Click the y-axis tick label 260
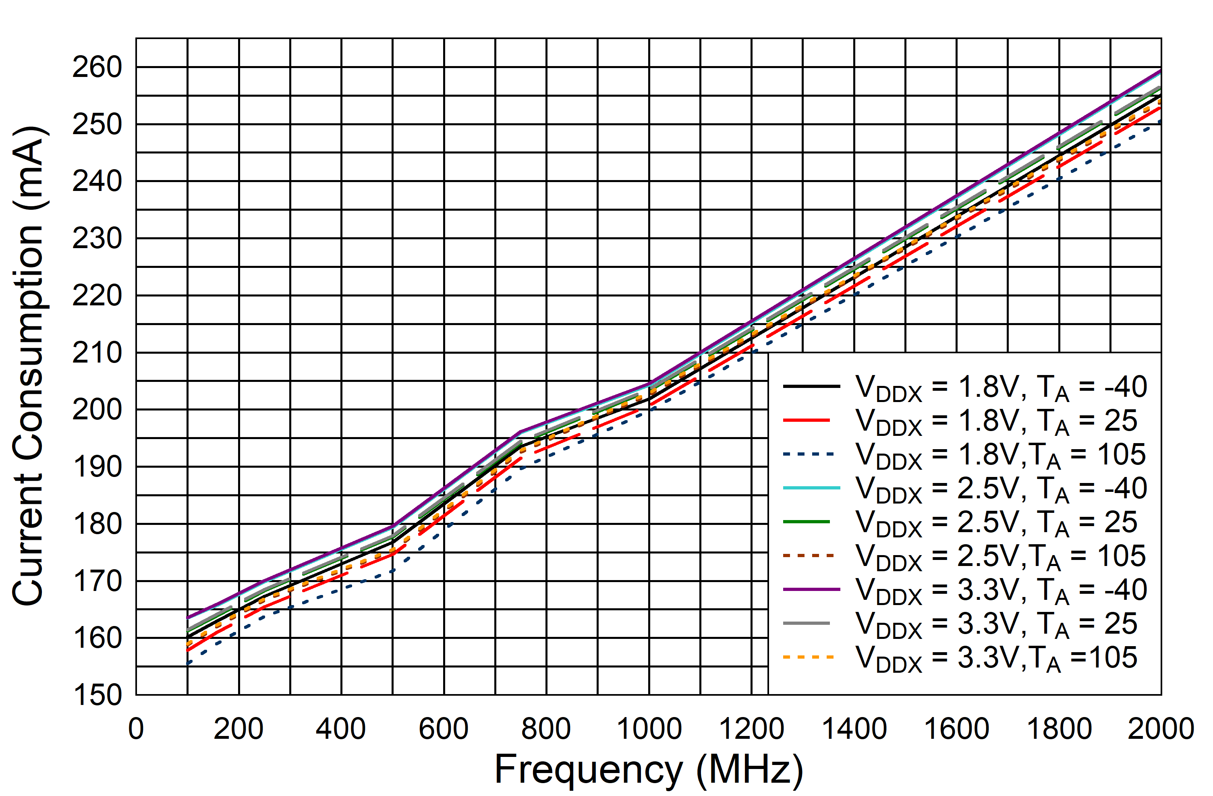pyautogui.click(x=97, y=67)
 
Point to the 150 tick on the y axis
pyautogui.click(x=97, y=695)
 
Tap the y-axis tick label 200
pyautogui.click(x=97, y=410)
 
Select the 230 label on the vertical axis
pyautogui.click(x=97, y=238)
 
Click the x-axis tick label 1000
pyautogui.click(x=649, y=729)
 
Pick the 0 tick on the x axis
pyautogui.click(x=136, y=729)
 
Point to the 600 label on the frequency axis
pyautogui.click(x=444, y=729)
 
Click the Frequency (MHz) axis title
pyautogui.click(x=649, y=769)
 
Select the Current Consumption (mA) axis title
pyautogui.click(x=29, y=366)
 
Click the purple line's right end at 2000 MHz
pyautogui.click(x=1161, y=70)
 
